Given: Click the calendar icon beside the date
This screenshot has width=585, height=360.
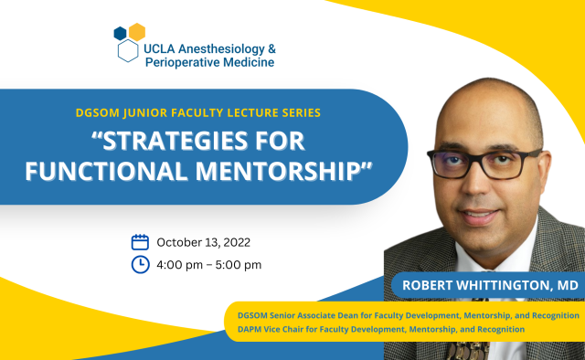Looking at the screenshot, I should pyautogui.click(x=140, y=242).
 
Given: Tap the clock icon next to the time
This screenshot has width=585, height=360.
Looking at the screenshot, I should pyautogui.click(x=140, y=265).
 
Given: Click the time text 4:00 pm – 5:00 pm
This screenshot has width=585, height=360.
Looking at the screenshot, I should pyautogui.click(x=209, y=265).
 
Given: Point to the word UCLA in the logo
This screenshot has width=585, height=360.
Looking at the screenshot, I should pyautogui.click(x=162, y=47).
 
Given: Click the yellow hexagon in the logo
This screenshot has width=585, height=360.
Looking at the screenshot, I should pyautogui.click(x=137, y=32).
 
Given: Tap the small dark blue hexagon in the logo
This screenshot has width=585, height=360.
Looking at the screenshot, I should pyautogui.click(x=120, y=33).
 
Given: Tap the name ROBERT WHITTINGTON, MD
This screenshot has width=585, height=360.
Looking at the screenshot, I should pyautogui.click(x=490, y=286).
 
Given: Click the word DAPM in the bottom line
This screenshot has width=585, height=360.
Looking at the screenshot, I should pyautogui.click(x=252, y=328).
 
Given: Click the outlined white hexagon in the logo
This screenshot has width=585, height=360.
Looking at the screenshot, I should pyautogui.click(x=128, y=50).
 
